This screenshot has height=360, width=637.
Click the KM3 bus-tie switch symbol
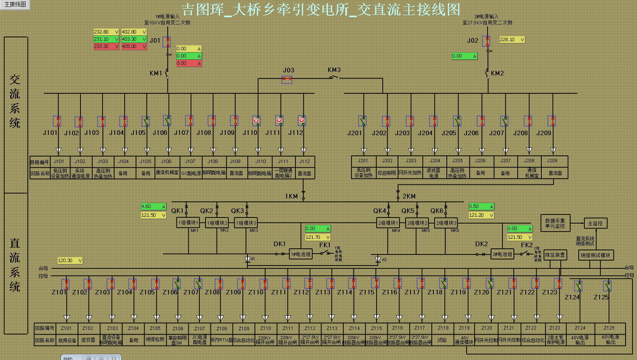334,78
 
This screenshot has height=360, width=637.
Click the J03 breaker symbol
287,79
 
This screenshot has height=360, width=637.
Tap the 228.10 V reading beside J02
512,40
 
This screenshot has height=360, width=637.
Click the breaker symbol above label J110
257,121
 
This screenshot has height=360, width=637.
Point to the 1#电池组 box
301,254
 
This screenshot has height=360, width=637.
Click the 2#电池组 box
502,254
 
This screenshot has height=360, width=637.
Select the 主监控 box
595,223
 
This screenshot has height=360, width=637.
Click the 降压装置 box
555,255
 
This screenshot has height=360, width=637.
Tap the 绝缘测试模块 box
595,255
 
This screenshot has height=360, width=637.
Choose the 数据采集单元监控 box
555,223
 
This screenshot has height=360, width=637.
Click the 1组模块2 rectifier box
217,223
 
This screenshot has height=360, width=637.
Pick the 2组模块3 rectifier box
446,223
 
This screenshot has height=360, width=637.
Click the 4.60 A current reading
153,206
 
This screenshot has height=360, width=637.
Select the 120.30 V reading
70,261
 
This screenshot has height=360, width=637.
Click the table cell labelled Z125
609,328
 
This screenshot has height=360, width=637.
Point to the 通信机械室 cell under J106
167,173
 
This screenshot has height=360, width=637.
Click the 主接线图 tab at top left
15,5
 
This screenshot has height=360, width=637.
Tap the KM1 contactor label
156,73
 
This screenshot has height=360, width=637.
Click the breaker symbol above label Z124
578,285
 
